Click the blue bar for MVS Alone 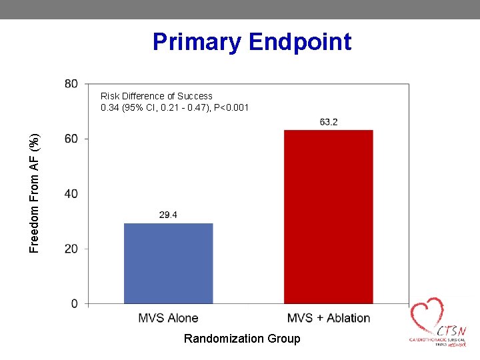[x=168, y=263]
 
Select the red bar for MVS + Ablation [x=328, y=217]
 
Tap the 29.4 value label [x=168, y=215]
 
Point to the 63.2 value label [x=328, y=121]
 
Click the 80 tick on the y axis [x=71, y=84]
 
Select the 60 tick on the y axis [x=71, y=139]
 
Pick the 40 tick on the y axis [x=71, y=194]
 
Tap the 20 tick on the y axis [x=71, y=249]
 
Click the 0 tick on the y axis [x=73, y=304]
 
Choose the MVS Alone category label [x=168, y=318]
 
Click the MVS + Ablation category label [x=328, y=318]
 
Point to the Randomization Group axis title [x=242, y=339]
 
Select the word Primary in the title [x=197, y=42]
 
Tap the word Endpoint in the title [x=300, y=42]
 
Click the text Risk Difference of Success [x=157, y=96]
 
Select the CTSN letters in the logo [x=451, y=331]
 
